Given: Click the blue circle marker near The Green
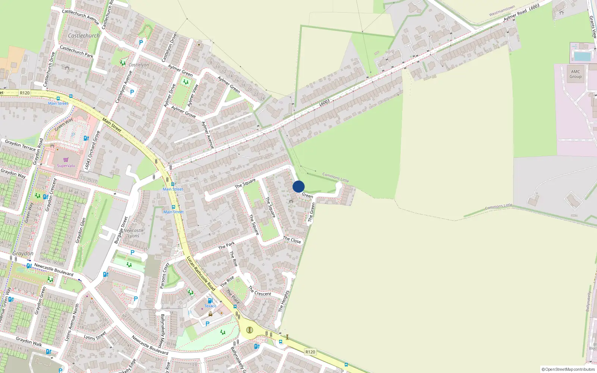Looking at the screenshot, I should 298,186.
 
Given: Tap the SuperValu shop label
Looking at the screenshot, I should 66,166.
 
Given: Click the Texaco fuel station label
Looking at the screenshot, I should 210,306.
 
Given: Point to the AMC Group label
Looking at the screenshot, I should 575,74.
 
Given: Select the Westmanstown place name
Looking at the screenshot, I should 502,11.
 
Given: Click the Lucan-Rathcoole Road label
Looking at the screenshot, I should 201,273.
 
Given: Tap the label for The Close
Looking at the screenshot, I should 292,240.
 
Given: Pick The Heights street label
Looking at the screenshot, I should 284,301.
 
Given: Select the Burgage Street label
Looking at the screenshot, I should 121,230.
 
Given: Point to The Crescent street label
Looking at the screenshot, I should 260,292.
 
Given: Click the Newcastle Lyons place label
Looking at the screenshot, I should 133,233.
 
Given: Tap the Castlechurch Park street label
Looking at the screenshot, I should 76,51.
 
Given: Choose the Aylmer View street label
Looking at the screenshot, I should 193,95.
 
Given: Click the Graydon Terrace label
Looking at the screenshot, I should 20,145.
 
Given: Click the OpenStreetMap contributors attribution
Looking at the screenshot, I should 568,369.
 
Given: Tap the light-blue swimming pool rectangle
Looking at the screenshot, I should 582,57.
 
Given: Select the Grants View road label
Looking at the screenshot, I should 593,27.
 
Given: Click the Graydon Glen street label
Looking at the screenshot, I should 81,231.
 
